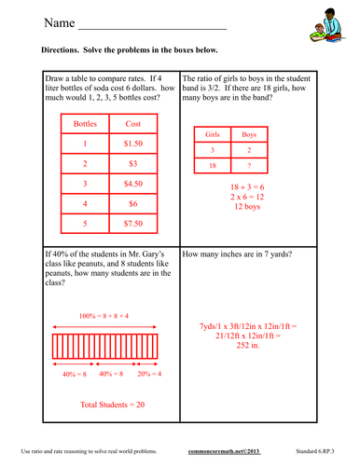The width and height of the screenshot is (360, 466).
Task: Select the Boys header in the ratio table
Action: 249,134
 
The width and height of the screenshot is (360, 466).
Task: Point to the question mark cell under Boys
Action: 249,164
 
